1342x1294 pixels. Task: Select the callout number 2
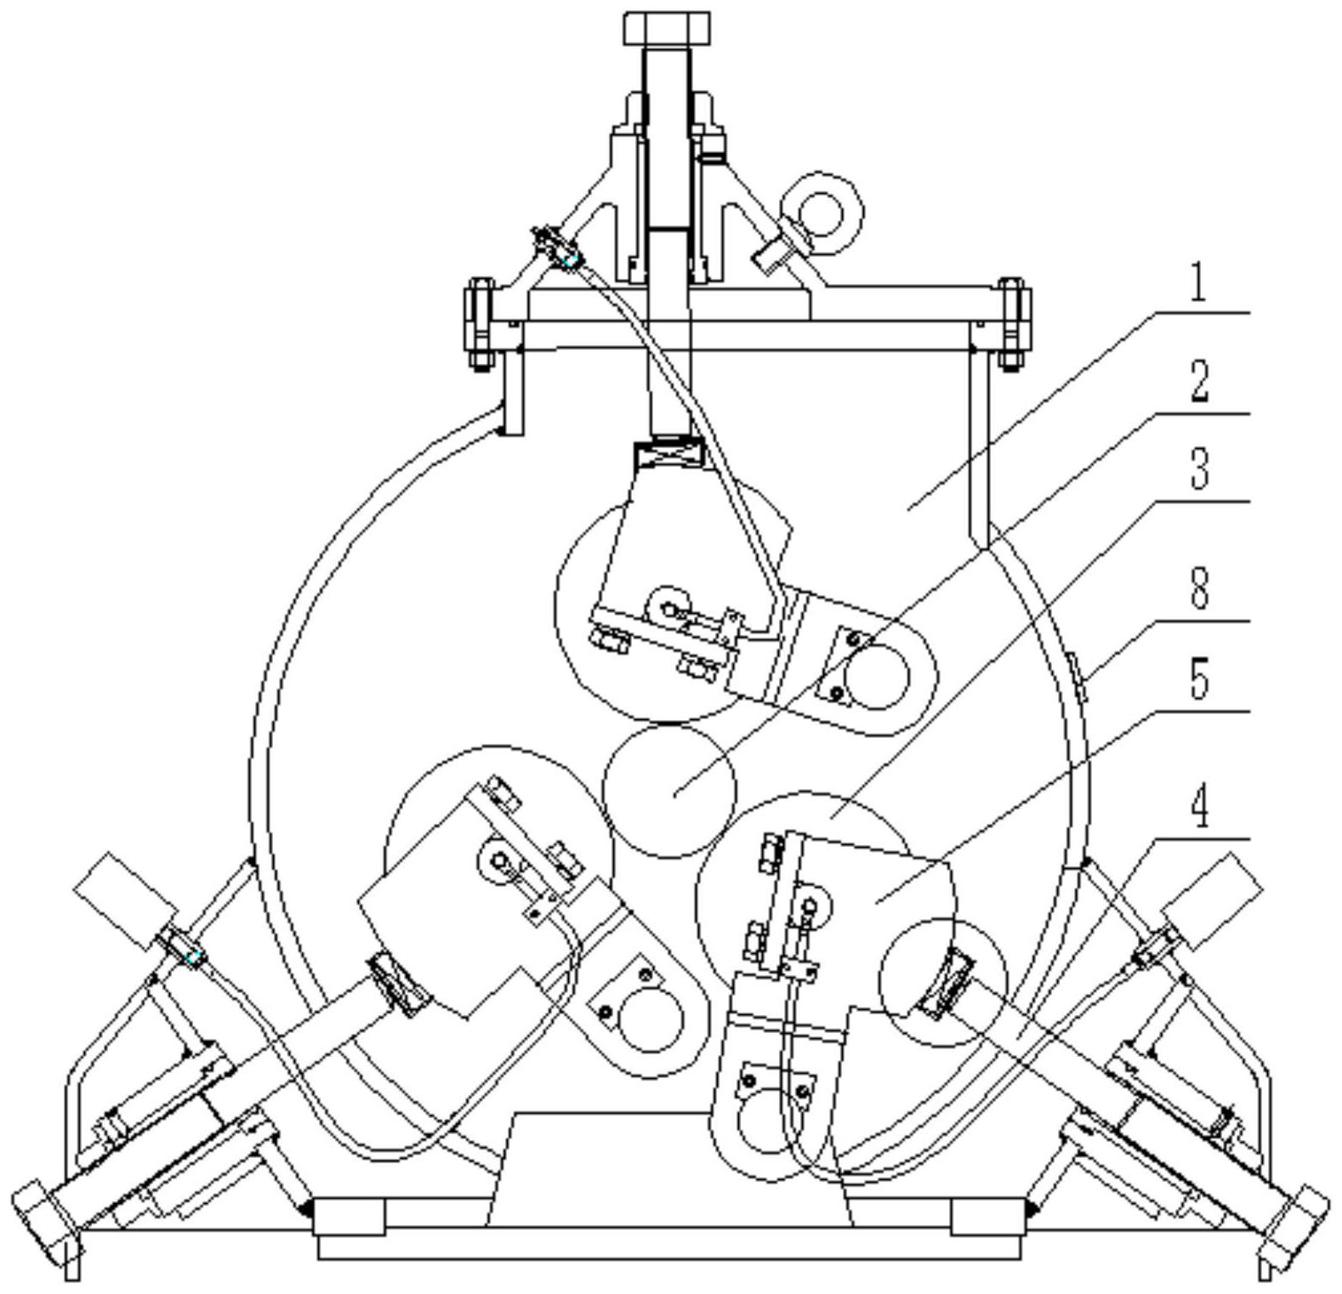(1199, 383)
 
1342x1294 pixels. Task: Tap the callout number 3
(1199, 470)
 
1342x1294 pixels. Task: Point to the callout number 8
(1199, 588)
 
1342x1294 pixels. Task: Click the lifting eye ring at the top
(823, 211)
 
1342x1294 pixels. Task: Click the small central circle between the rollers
(669, 790)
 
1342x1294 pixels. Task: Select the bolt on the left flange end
(480, 323)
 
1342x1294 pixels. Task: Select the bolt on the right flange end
(1012, 323)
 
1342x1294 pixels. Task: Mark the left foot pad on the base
(349, 1216)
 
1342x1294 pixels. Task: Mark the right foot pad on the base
(987, 1216)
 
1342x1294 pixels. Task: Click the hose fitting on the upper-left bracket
(557, 248)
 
